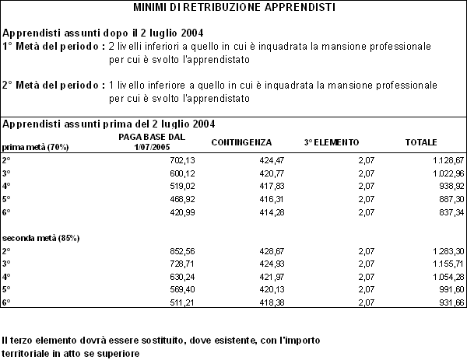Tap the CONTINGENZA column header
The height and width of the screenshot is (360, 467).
(241, 143)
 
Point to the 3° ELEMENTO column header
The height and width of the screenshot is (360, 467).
(331, 143)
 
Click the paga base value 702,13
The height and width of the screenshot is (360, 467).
(180, 159)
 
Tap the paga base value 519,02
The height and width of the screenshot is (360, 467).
(180, 185)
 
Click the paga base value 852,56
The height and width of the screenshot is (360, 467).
(180, 251)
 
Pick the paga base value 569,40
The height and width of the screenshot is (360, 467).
(180, 289)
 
